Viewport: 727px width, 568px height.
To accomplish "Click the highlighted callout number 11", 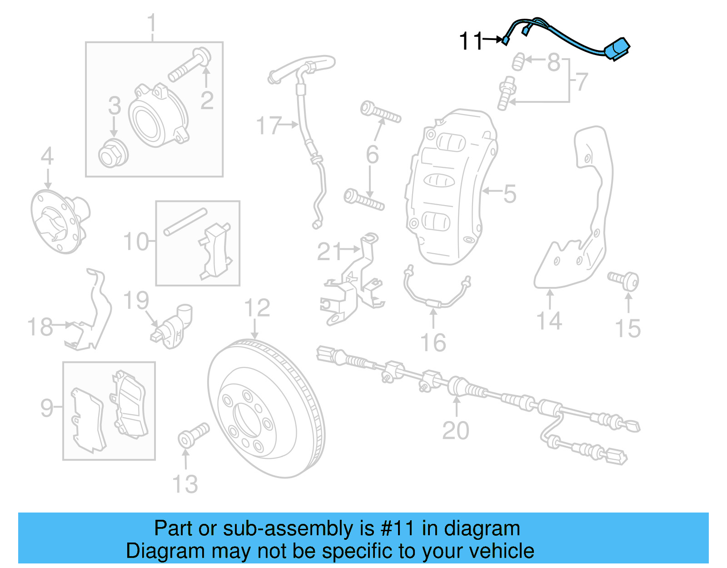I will tap(470, 41).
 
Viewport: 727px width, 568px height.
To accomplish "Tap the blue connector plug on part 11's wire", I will tap(618, 48).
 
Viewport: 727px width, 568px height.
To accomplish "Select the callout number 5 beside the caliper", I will tap(510, 194).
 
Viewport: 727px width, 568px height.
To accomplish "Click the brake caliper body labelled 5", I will tap(450, 186).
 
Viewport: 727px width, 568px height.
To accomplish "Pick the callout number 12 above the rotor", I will tap(257, 308).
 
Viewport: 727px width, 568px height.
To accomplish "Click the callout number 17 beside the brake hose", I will tap(269, 125).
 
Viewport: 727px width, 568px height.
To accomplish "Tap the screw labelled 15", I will tap(625, 280).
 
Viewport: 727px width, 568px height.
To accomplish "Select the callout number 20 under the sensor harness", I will tap(456, 430).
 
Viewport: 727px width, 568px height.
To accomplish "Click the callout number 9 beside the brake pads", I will tap(47, 407).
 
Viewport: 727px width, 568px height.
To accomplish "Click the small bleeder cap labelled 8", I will tap(518, 61).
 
